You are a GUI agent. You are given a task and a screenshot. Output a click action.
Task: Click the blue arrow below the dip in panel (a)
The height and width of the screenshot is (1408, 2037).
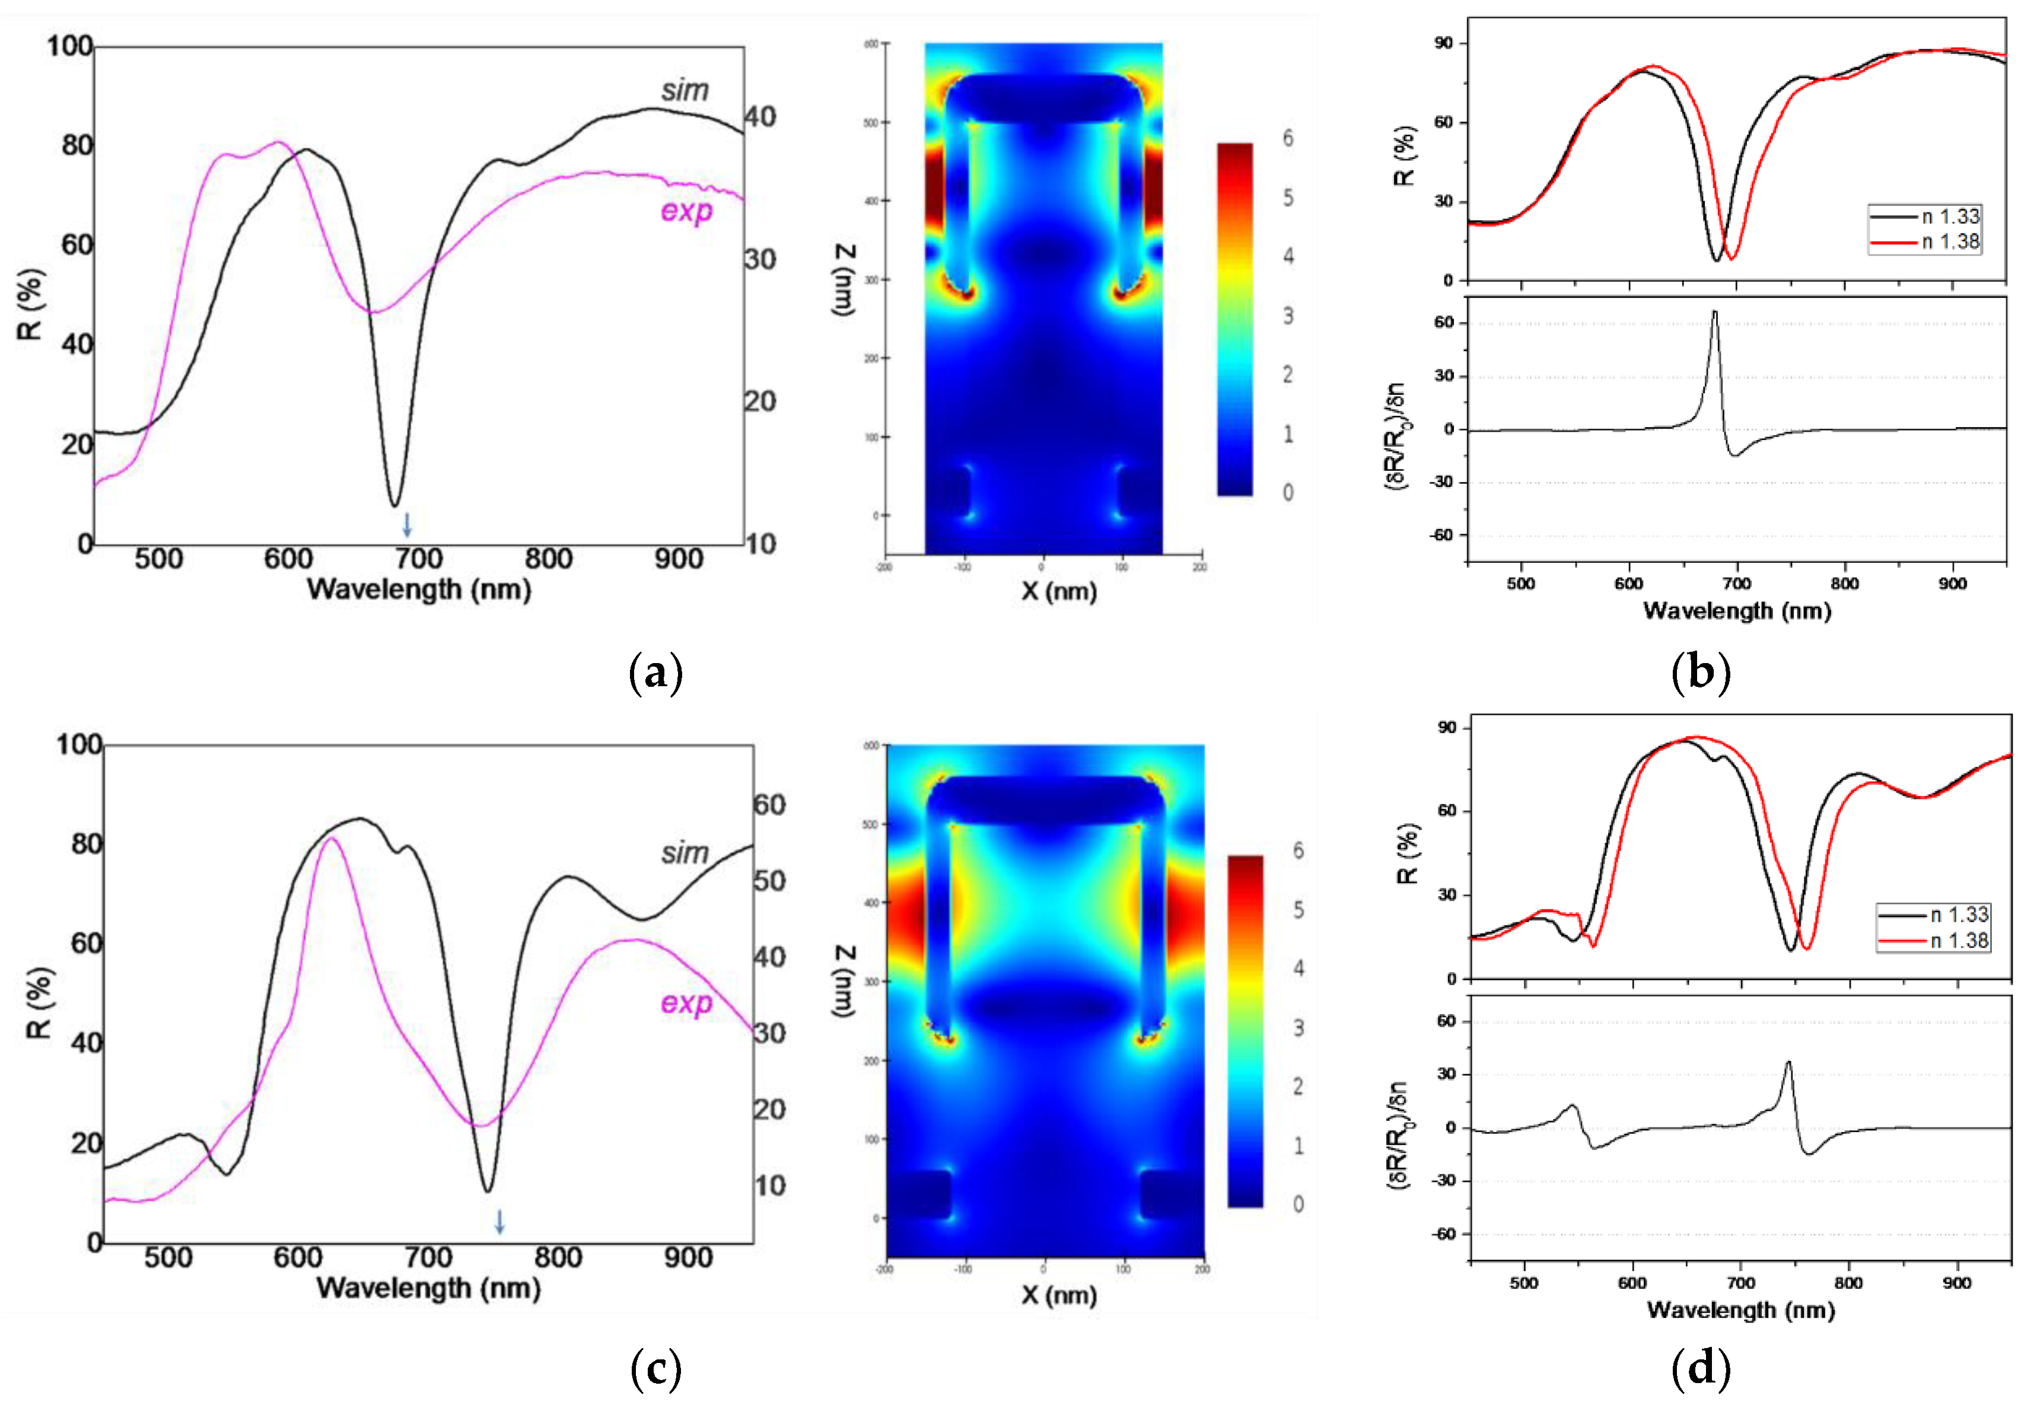pos(407,524)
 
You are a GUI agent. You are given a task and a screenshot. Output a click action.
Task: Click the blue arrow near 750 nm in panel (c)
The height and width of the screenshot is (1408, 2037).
pos(499,1221)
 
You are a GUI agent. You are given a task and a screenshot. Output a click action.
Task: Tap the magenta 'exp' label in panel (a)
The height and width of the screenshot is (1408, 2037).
pos(686,211)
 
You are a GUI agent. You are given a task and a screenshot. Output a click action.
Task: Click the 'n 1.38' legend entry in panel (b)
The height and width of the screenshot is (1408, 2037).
pos(1950,242)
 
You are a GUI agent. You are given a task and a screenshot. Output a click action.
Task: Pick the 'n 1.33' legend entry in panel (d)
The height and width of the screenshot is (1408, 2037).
pos(1959,915)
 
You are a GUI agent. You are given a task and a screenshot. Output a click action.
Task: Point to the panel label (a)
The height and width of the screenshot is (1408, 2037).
pos(655,673)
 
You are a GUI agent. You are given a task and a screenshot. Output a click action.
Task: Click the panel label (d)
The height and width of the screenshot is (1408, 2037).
pos(1700,1368)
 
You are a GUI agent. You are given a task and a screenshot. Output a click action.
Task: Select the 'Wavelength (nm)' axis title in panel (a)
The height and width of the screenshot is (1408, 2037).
pos(418,590)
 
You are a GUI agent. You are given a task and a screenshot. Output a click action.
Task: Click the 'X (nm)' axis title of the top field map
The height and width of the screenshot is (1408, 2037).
pos(1059,591)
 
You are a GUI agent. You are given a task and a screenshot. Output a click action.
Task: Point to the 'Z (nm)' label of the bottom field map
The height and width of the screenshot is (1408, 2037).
pos(844,981)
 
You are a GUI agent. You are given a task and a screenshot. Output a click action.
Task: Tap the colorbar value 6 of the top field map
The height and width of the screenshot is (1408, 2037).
pos(1288,139)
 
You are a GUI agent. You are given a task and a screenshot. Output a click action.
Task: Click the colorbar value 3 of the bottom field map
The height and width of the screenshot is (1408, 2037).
pos(1298,1028)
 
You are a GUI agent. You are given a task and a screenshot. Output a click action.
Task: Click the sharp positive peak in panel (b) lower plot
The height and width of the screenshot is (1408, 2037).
pos(1714,313)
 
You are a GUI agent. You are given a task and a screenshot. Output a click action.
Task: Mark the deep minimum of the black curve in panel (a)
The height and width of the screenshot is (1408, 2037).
pos(394,505)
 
